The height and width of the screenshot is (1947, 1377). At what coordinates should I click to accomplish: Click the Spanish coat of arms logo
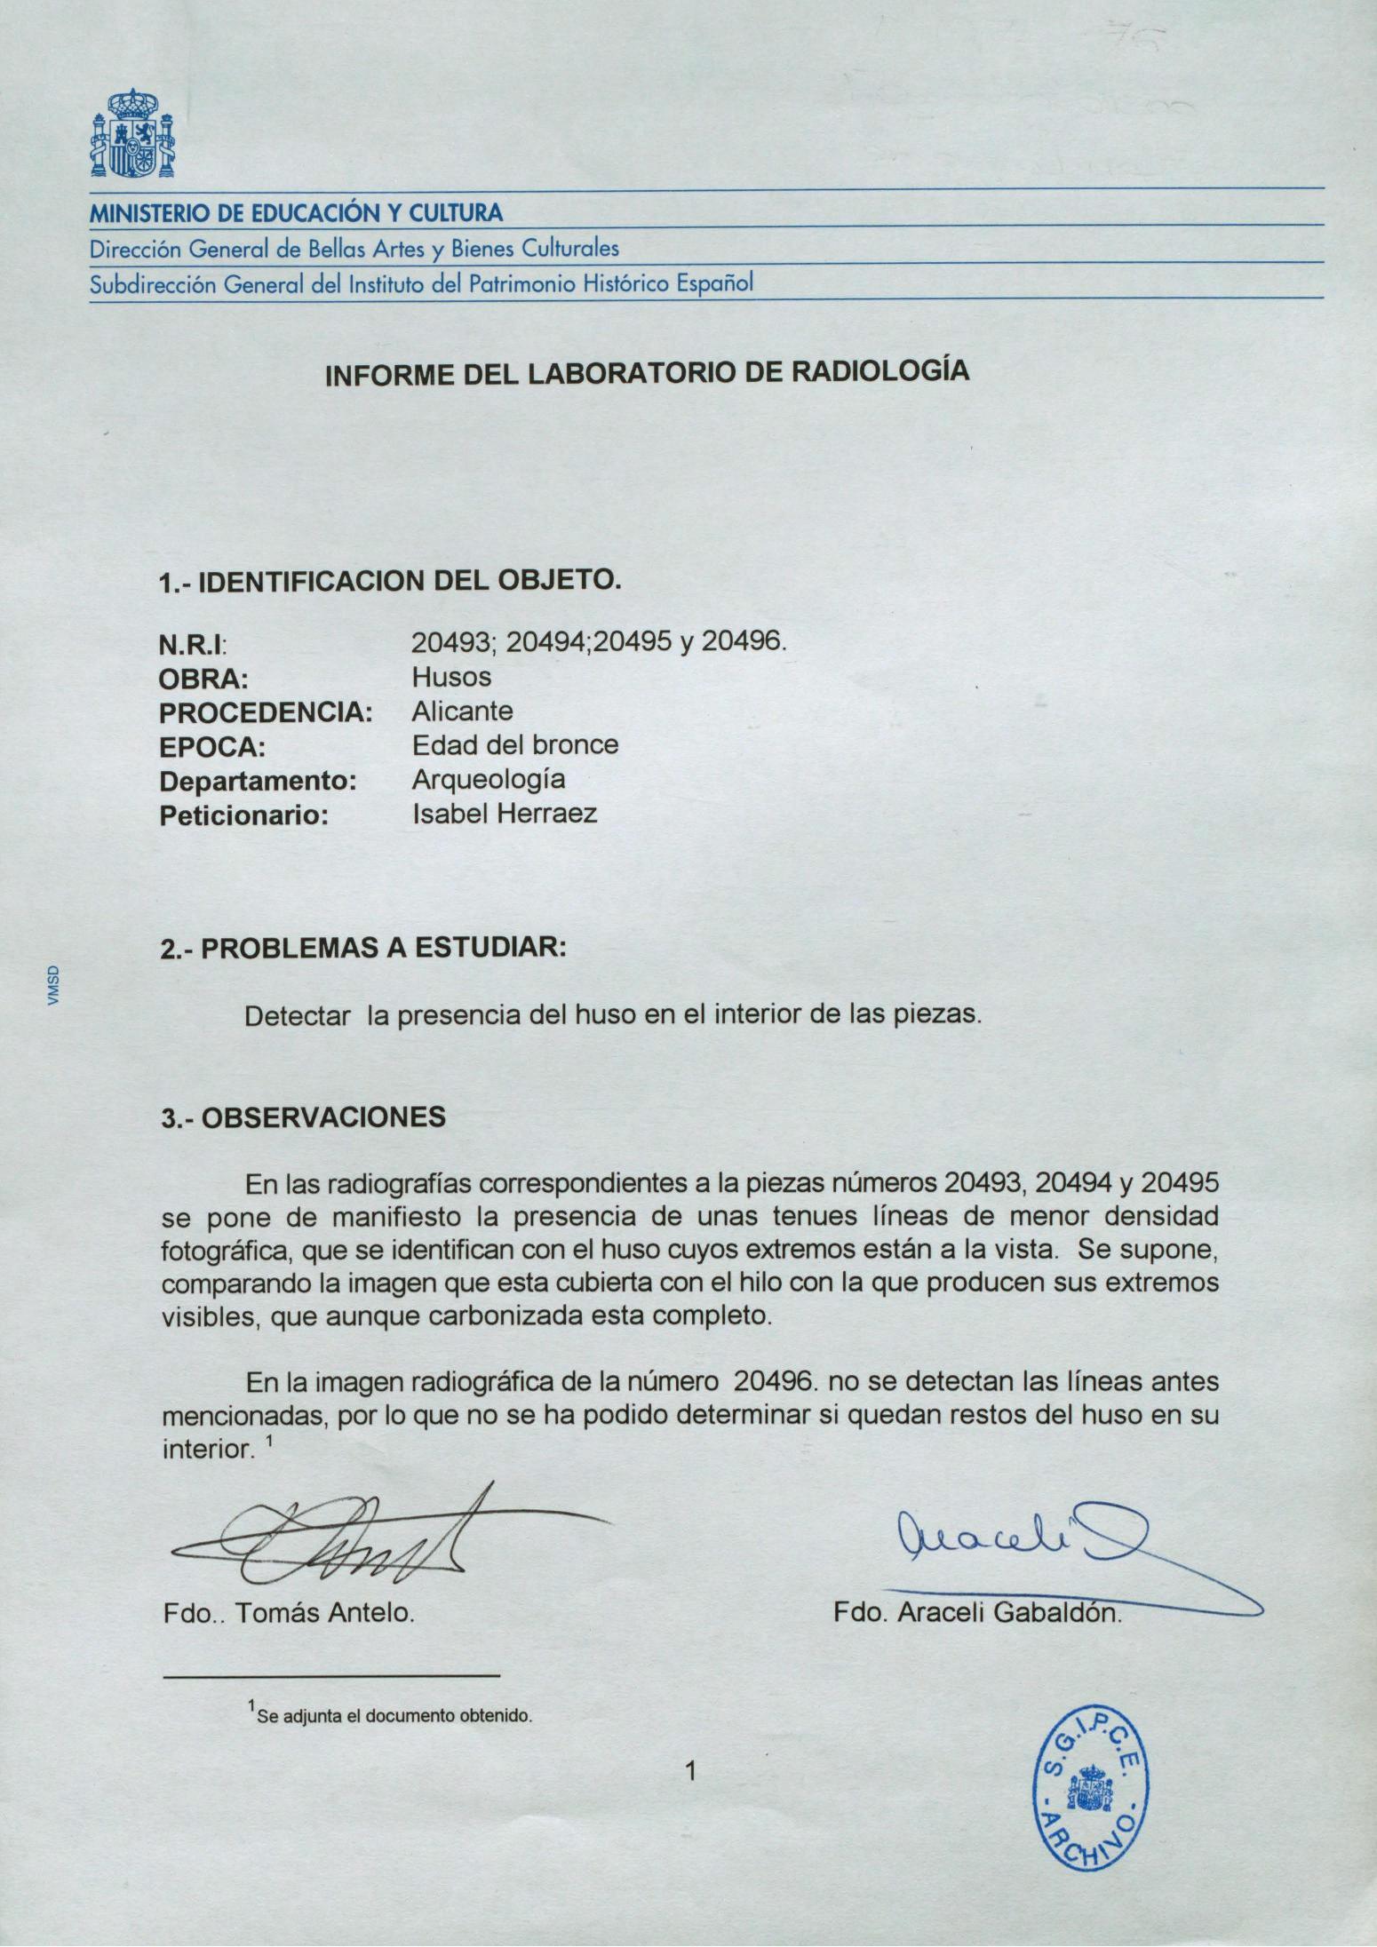(132, 133)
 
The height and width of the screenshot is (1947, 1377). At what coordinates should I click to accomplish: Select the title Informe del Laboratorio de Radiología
(648, 372)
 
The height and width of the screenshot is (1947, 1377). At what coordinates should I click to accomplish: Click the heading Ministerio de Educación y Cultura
(295, 213)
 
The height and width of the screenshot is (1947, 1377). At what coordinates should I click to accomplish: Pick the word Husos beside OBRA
(450, 677)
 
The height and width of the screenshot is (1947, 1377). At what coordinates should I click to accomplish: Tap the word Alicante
(462, 711)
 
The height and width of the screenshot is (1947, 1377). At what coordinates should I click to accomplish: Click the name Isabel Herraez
(505, 814)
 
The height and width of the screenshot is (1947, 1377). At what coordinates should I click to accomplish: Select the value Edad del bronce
(515, 744)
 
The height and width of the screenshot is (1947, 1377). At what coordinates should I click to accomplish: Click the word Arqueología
(489, 780)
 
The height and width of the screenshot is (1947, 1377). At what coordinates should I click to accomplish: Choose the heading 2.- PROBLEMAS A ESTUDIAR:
(362, 949)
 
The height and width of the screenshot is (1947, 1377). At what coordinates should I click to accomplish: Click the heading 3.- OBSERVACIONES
(303, 1117)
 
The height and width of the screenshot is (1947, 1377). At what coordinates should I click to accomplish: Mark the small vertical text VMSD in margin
(53, 986)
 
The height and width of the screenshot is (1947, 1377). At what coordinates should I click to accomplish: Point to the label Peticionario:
(243, 815)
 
